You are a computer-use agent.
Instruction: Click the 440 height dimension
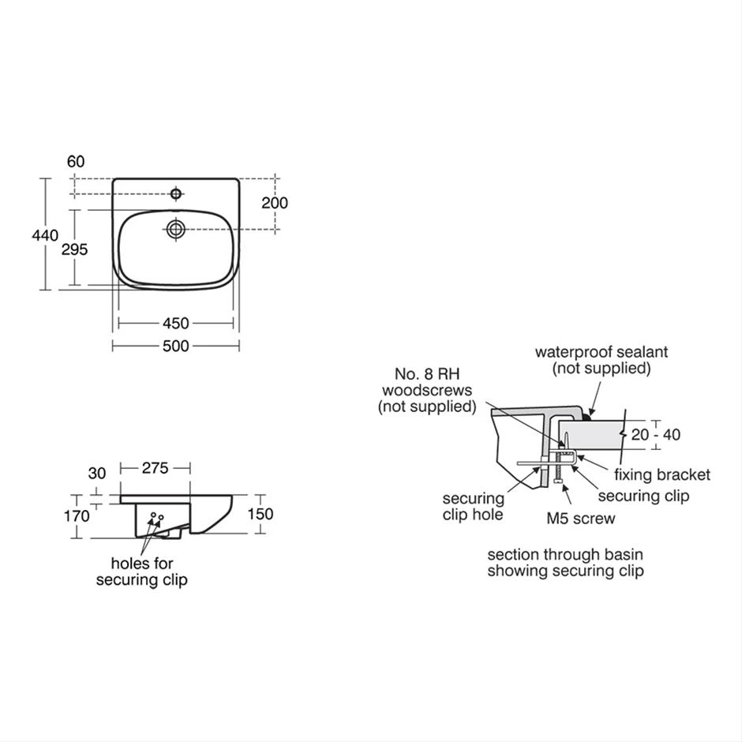pyautogui.click(x=45, y=235)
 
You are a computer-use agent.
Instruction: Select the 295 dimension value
pyautogui.click(x=74, y=249)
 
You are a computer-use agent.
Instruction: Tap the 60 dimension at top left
pyautogui.click(x=76, y=162)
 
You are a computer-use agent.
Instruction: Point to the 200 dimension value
pyautogui.click(x=275, y=203)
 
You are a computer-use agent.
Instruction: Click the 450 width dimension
pyautogui.click(x=175, y=324)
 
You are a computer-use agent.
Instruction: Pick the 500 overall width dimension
pyautogui.click(x=175, y=346)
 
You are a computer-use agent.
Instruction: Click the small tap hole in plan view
pyautogui.click(x=175, y=193)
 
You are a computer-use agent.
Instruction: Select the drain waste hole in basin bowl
pyautogui.click(x=175, y=229)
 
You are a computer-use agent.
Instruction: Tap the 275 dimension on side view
pyautogui.click(x=155, y=468)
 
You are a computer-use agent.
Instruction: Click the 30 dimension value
pyautogui.click(x=96, y=474)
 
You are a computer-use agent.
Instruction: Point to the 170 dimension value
pyautogui.click(x=76, y=516)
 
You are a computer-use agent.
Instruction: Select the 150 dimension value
pyautogui.click(x=260, y=514)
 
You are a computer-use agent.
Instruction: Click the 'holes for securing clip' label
pyautogui.click(x=142, y=572)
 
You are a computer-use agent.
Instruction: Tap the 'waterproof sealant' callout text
pyautogui.click(x=601, y=360)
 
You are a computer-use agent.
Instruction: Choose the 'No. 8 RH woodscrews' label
pyautogui.click(x=428, y=390)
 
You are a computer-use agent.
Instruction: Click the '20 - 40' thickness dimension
pyautogui.click(x=655, y=434)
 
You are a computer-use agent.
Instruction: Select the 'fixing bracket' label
pyautogui.click(x=661, y=474)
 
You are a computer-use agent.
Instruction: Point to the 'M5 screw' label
pyautogui.click(x=581, y=519)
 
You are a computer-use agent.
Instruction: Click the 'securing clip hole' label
pyautogui.click(x=473, y=507)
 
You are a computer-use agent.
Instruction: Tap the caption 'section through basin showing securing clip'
pyautogui.click(x=565, y=563)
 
